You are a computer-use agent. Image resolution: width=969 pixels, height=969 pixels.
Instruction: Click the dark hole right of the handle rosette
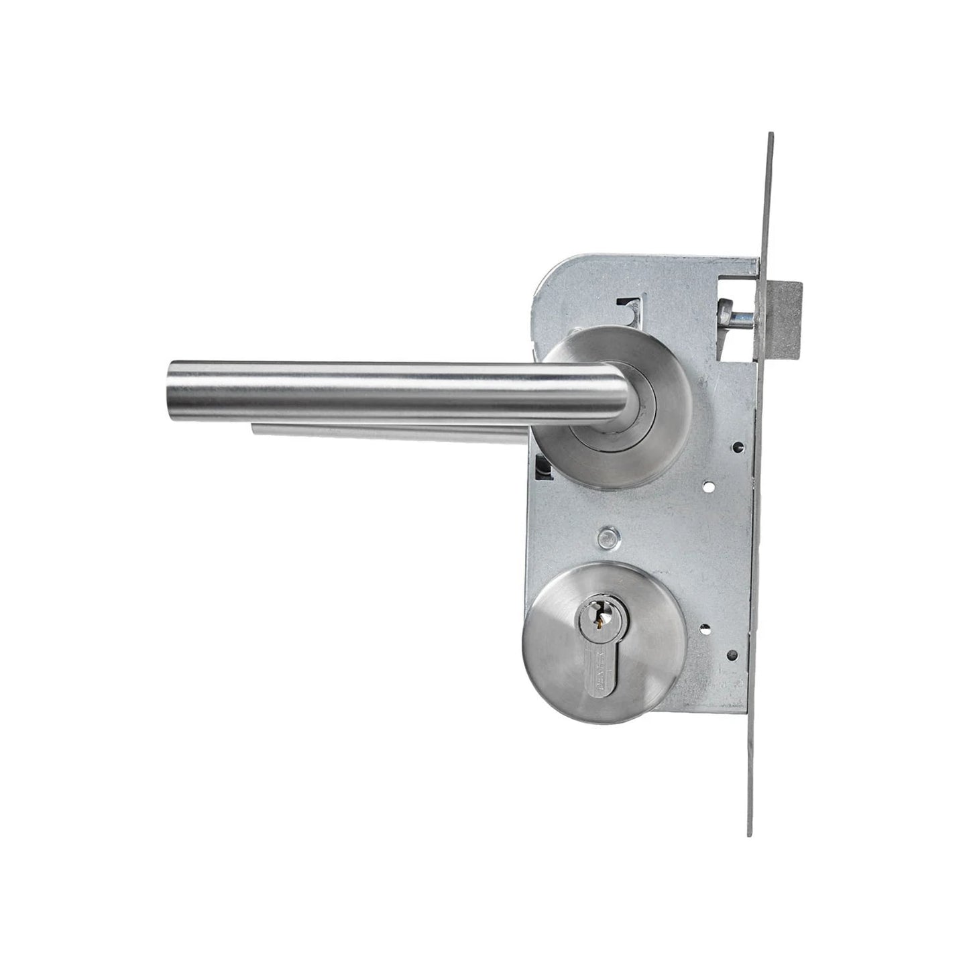(x=738, y=445)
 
